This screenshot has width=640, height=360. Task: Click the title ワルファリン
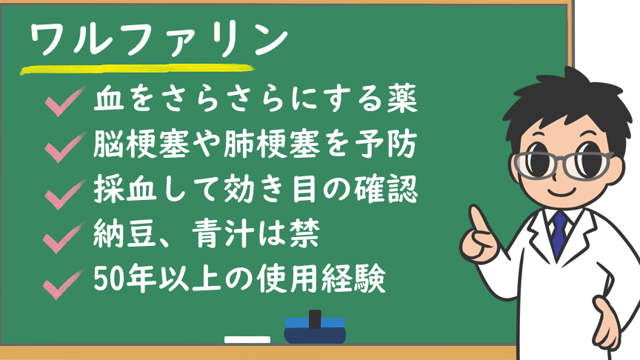click(x=159, y=39)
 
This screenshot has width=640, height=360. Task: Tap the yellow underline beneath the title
click(x=138, y=70)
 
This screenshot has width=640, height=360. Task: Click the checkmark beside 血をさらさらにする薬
click(x=65, y=101)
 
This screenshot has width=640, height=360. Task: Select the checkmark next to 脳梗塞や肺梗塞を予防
click(x=65, y=147)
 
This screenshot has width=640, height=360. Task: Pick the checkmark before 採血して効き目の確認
click(x=65, y=195)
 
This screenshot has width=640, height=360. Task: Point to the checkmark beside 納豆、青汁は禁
click(x=64, y=238)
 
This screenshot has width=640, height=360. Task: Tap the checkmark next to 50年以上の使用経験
click(x=64, y=284)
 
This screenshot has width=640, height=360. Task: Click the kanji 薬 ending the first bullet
click(x=401, y=99)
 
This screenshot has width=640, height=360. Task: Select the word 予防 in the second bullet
click(x=385, y=144)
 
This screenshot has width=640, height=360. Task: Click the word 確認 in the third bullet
click(x=386, y=189)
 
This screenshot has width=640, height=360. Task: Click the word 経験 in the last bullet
click(x=353, y=279)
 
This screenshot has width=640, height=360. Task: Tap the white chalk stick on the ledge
click(x=247, y=339)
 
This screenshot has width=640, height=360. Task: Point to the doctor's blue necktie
click(x=559, y=235)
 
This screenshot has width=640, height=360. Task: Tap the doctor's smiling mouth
click(x=563, y=191)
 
